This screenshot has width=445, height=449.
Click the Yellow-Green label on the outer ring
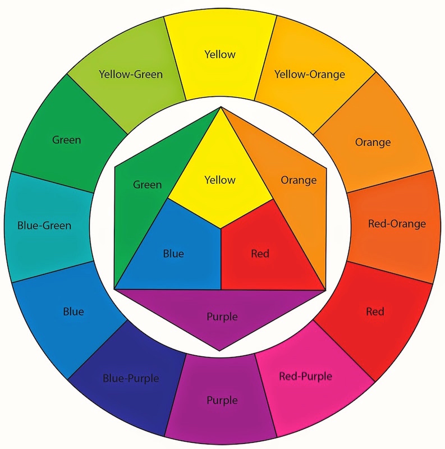pos(131,74)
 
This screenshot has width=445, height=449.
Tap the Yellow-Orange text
pos(309,74)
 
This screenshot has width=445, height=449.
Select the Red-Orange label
pos(397,224)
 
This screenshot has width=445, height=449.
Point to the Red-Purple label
pos(305,375)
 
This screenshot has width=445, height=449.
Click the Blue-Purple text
pos(131,378)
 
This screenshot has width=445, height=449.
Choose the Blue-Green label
pos(44,226)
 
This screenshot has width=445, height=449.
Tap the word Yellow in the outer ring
pos(220,54)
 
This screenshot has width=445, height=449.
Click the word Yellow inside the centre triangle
pos(220,180)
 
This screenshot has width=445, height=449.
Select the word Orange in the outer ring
pos(373,142)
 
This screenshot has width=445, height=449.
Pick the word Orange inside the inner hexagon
pos(299,180)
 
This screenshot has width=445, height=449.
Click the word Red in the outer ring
pos(374,311)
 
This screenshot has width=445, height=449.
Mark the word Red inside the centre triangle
pos(260,254)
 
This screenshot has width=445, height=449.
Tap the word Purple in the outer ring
pos(222,401)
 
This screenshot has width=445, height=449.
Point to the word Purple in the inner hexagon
pos(222,317)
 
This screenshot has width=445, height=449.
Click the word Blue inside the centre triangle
pos(173,254)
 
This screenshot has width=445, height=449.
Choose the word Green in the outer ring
pos(66,140)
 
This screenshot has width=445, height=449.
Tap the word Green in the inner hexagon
pos(147,184)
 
